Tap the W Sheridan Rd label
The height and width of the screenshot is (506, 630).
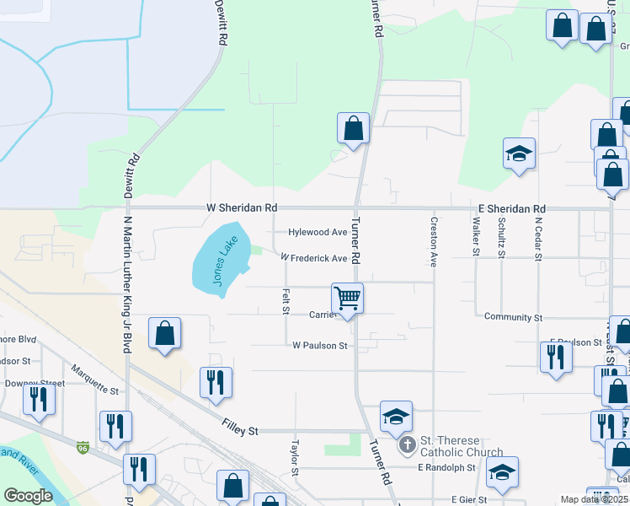click(x=242, y=207)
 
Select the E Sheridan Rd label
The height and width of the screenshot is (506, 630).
click(x=510, y=208)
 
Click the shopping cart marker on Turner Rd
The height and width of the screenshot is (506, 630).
click(x=347, y=298)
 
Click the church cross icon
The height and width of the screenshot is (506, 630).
click(x=407, y=444)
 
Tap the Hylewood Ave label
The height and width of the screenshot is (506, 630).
click(x=318, y=232)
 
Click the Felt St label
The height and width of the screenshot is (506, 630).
click(x=286, y=300)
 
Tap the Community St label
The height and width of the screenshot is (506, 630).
click(x=513, y=317)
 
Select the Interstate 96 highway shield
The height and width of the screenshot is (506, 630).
click(x=82, y=447)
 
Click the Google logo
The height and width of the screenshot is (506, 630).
click(x=28, y=496)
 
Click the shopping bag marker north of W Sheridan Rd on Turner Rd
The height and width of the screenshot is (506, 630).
click(x=354, y=129)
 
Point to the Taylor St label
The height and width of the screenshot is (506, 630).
click(x=296, y=455)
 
